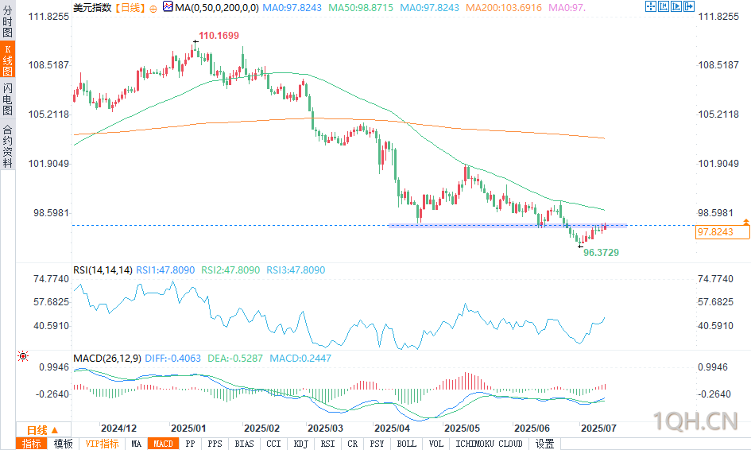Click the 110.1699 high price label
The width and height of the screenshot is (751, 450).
tap(219, 36)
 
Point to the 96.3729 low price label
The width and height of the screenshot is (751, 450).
tap(601, 252)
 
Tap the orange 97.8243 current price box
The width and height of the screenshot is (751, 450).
tap(722, 232)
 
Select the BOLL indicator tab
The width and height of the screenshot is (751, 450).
tap(406, 444)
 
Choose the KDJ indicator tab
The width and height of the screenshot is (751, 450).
tap(300, 444)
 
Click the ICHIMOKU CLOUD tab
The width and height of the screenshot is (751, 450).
tap(490, 444)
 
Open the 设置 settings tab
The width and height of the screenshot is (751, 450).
tap(544, 444)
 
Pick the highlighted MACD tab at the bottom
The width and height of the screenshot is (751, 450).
tap(163, 444)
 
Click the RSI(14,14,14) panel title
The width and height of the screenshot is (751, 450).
tap(103, 270)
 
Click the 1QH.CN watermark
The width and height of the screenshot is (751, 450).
tap(695, 419)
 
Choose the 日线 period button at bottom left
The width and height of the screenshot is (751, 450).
tap(37, 429)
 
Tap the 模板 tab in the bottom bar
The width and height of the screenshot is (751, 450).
tap(63, 444)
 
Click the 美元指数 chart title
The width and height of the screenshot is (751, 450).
tap(91, 7)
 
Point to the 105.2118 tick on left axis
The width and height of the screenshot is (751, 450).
tap(49, 114)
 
